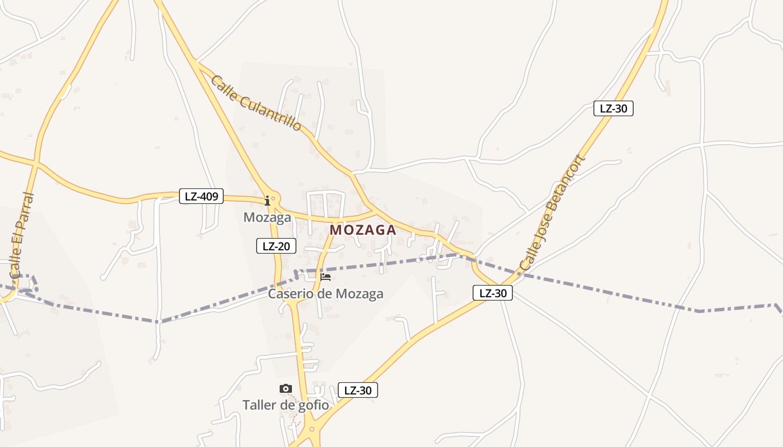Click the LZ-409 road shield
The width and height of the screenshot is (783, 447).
pyautogui.click(x=201, y=196)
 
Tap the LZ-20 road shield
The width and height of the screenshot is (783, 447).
pyautogui.click(x=276, y=246)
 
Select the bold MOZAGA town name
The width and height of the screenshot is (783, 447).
pyautogui.click(x=363, y=230)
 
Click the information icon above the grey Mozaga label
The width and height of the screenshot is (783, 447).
pyautogui.click(x=267, y=200)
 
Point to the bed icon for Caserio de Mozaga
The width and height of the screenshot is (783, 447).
pyautogui.click(x=326, y=277)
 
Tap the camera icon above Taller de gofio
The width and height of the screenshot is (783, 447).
pyautogui.click(x=286, y=388)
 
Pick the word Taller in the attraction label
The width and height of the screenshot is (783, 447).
pyautogui.click(x=261, y=405)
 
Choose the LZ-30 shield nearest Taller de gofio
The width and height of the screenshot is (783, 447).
pyautogui.click(x=358, y=390)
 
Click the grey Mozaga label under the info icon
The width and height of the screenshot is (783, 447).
pyautogui.click(x=267, y=217)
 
